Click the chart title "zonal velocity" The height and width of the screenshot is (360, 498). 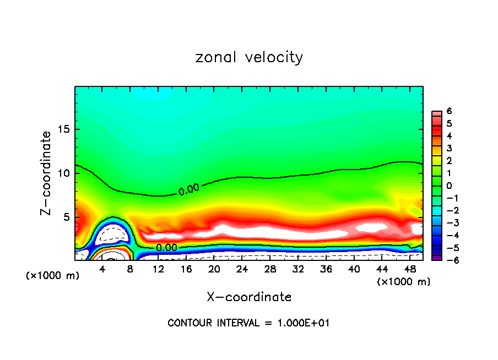pos(249,57)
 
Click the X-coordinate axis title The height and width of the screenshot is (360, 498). pos(249,297)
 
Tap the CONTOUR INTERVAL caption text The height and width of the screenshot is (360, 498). pos(248,323)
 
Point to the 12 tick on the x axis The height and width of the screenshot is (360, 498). pos(159,269)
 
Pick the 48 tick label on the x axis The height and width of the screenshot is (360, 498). pos(410,269)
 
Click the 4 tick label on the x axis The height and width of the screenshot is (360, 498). pos(102,269)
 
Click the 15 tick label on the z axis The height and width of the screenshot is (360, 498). pos(64,130)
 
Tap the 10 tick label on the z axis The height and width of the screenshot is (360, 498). pos(64,173)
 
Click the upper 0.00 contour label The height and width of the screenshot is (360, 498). pos(188,190)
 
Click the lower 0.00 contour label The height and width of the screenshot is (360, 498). pos(166,248)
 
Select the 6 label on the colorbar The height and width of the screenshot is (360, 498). pos(449,111)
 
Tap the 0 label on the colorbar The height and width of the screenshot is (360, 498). pos(449,186)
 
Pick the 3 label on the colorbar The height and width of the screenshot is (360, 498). pos(449,148)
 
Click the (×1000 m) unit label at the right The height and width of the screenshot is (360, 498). pos(403,281)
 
